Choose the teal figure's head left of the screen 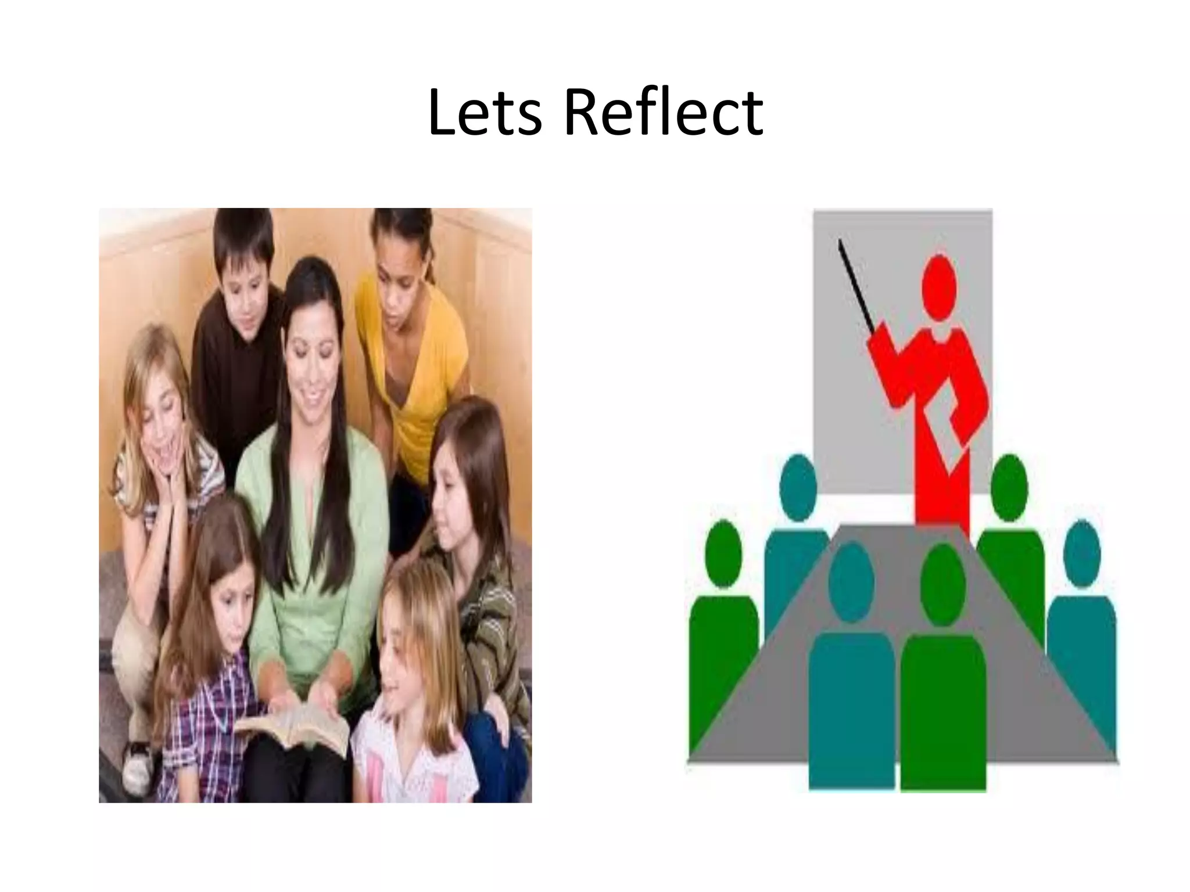pos(798,487)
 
